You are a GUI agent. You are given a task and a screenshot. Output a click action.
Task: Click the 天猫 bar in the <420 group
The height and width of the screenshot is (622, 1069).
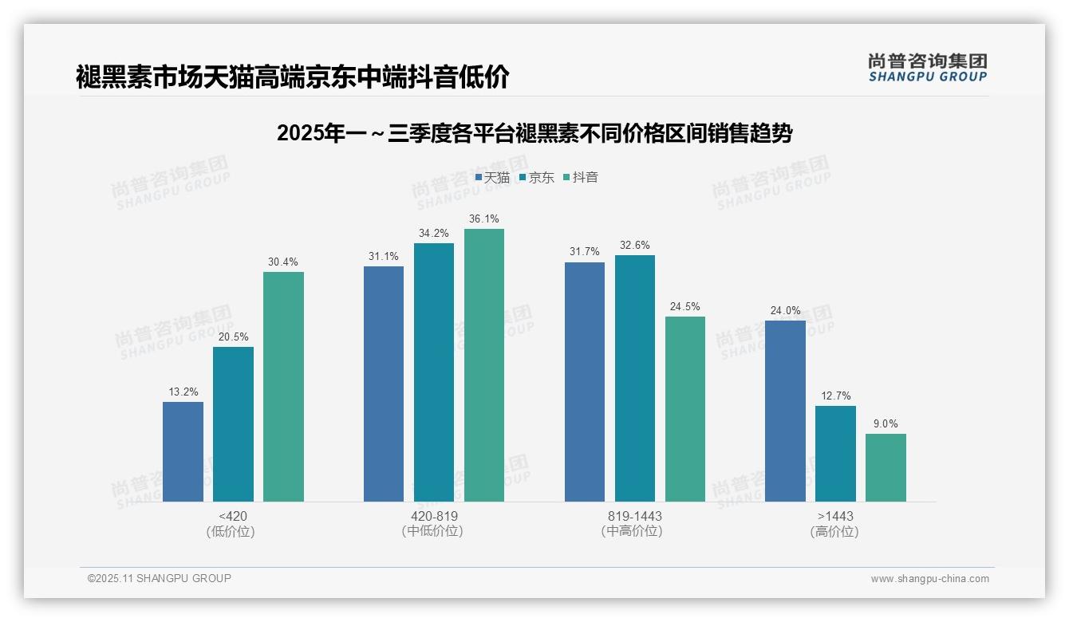[183, 451]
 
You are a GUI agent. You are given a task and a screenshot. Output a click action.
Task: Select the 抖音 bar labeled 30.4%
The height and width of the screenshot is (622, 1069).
[283, 387]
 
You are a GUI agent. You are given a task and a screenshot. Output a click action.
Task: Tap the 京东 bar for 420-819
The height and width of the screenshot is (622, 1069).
[434, 372]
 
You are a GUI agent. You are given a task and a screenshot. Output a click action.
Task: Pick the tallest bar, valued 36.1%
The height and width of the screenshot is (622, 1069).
[484, 365]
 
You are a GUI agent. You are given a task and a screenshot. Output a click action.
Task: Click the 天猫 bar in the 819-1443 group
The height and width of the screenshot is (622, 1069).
[585, 382]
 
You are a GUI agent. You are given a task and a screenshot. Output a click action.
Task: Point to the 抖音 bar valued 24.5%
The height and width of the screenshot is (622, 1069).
[685, 409]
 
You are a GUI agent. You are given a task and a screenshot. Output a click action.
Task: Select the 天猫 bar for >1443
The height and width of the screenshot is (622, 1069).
[785, 411]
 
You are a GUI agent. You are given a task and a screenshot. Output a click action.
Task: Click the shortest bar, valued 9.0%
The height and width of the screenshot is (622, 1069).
[886, 467]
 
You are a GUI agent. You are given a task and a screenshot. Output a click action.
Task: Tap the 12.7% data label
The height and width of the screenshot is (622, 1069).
[835, 396]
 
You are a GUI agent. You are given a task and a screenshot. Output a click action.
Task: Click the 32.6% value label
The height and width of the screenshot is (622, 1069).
[635, 245]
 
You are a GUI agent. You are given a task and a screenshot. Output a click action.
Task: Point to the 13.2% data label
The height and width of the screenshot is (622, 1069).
[183, 392]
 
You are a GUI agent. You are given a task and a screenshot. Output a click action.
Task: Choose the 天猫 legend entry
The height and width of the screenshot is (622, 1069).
[492, 177]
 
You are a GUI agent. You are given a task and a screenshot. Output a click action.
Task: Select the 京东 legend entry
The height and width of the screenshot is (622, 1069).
[537, 177]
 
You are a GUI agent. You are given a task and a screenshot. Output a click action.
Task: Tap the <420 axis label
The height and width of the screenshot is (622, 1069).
[233, 516]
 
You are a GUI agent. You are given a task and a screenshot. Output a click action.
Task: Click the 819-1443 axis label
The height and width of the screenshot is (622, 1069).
[635, 516]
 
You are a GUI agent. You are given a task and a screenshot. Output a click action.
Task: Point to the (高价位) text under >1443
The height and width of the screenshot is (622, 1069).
[835, 532]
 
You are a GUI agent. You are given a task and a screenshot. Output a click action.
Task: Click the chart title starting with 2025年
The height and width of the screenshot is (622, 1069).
[534, 133]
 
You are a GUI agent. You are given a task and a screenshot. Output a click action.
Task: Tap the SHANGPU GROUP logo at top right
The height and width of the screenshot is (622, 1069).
[928, 68]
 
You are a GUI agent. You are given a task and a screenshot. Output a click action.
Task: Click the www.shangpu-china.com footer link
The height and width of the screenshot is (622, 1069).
[929, 579]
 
